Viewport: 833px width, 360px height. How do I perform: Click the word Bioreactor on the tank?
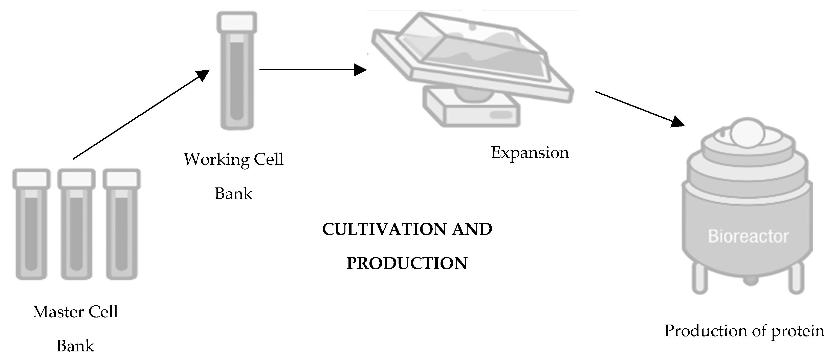[748, 237]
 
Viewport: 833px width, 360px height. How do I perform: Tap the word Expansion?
[530, 153]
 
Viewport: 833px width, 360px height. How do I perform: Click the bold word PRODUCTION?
[407, 263]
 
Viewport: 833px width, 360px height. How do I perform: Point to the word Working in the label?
[216, 159]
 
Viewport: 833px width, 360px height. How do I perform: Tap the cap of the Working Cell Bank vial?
[237, 22]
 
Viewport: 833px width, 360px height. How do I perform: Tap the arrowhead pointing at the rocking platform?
[360, 70]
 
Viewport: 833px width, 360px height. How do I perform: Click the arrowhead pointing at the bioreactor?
[677, 122]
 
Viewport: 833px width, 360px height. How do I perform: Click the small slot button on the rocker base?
[501, 115]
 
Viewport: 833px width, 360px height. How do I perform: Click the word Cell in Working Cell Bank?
[268, 159]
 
